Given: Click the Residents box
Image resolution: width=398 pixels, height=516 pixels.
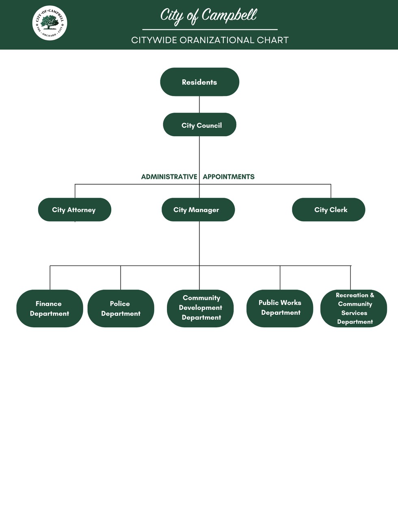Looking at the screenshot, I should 199,82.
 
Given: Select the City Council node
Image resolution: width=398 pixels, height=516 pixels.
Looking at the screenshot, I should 199,125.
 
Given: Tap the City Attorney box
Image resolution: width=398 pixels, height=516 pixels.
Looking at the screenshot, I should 74,210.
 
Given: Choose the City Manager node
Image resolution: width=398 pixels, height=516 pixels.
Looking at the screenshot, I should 198,210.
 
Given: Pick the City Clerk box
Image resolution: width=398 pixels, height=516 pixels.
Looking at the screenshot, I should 329,210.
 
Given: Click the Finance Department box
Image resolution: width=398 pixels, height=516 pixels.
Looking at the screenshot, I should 50,309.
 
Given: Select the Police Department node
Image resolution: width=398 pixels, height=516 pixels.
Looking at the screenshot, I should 121,309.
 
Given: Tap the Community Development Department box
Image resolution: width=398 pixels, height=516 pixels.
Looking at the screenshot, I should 200,308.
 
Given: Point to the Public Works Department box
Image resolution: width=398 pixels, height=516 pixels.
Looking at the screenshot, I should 280,308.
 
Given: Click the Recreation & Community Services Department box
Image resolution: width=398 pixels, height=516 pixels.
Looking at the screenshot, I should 354,308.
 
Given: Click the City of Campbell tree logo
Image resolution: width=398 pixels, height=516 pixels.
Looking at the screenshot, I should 50,23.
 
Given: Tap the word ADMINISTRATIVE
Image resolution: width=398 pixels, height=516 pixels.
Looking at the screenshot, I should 169,177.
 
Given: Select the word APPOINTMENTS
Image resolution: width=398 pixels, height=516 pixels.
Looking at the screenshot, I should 229,177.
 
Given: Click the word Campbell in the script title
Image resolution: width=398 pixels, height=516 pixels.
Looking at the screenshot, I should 229,15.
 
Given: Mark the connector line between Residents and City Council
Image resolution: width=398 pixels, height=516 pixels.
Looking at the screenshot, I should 199,105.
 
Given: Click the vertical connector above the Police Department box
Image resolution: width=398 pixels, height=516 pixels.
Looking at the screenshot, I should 121,278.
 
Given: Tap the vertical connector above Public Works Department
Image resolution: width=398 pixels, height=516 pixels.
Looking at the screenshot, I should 280,278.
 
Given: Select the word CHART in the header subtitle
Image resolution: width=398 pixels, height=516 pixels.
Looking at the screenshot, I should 273,40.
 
